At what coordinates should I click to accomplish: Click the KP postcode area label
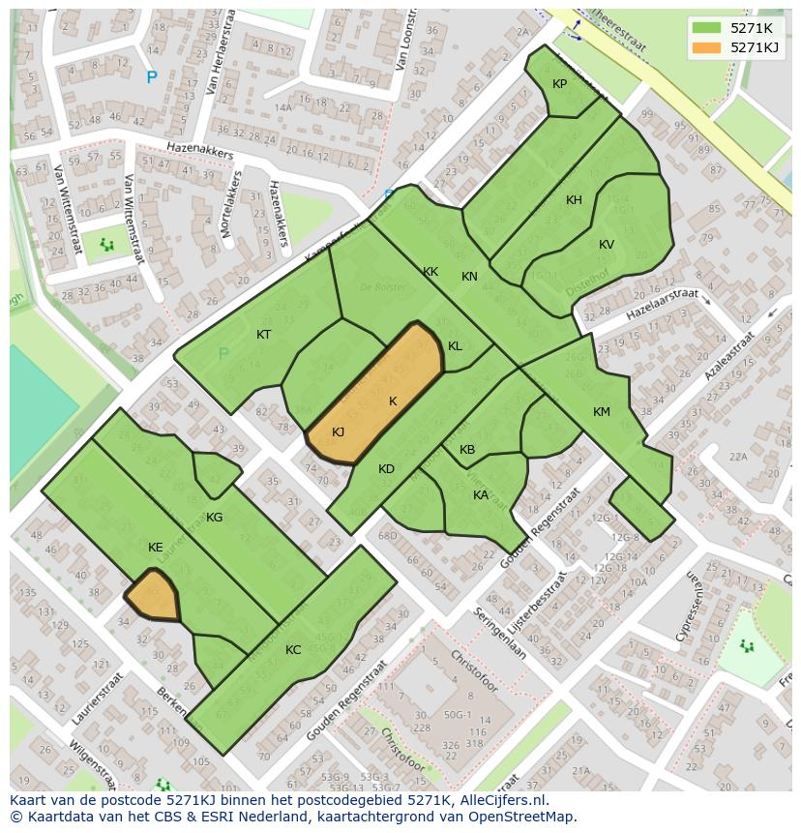tap(559, 84)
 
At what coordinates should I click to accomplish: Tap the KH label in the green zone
tap(574, 200)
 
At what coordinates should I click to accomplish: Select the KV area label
tap(606, 245)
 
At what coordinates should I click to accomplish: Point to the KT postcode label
tap(263, 335)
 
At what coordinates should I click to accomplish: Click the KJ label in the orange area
tap(338, 432)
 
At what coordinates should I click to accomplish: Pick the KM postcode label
tap(601, 412)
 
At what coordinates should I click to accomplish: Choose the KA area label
tap(480, 495)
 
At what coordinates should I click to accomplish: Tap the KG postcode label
tap(214, 518)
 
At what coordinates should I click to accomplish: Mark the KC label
tap(293, 650)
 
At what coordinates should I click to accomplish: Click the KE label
tap(155, 548)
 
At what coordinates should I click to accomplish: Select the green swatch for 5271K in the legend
tap(707, 27)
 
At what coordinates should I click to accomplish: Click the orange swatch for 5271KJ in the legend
tap(707, 47)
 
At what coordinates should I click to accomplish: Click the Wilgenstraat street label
tap(91, 766)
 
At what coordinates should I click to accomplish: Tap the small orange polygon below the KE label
tap(155, 596)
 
